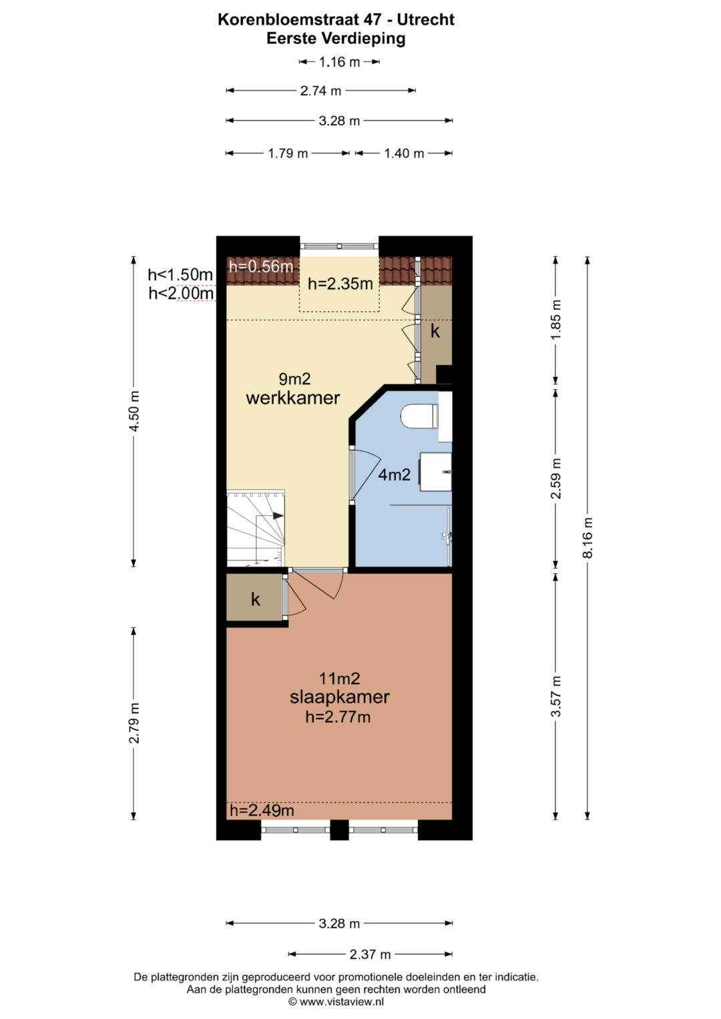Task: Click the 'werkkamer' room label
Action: [x=292, y=398]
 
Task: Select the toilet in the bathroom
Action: [x=420, y=416]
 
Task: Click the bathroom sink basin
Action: [x=435, y=472]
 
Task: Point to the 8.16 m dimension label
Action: [x=588, y=538]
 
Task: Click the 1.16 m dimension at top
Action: [x=339, y=62]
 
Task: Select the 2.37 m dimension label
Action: [x=370, y=954]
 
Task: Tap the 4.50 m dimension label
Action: [x=134, y=411]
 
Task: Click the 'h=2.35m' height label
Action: [x=340, y=284]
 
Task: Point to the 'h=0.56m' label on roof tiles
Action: [x=261, y=266]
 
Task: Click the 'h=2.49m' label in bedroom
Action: [x=262, y=810]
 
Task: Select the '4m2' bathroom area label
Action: [x=394, y=475]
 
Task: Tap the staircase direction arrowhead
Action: [x=278, y=515]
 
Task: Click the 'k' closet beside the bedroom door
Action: [x=255, y=599]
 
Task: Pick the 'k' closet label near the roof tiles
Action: [x=435, y=331]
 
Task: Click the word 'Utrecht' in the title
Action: [x=426, y=19]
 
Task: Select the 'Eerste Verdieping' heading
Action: [x=336, y=39]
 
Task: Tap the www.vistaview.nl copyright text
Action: [x=336, y=1001]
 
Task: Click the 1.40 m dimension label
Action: [x=404, y=153]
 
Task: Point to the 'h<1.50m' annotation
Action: [x=180, y=275]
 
